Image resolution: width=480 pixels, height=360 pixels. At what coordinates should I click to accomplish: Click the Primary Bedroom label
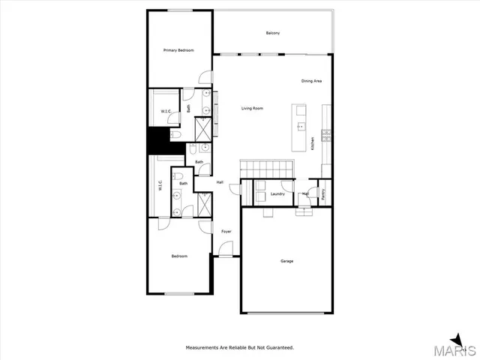(178, 50)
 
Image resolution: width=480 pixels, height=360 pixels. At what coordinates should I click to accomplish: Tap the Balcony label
(273, 33)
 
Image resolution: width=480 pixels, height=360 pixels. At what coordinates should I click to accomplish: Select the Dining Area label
(312, 81)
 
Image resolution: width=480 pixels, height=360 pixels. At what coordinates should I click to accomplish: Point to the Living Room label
(252, 109)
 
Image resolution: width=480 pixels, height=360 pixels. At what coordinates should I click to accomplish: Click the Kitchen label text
(313, 142)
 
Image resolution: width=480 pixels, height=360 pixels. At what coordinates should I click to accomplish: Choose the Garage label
(286, 261)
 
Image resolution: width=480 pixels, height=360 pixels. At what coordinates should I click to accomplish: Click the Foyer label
(226, 231)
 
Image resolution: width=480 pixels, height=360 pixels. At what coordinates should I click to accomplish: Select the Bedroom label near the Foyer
(179, 256)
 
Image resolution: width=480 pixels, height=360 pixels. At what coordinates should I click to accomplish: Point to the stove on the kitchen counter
(325, 135)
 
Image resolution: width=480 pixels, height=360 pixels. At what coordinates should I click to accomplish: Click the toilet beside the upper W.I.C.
(175, 134)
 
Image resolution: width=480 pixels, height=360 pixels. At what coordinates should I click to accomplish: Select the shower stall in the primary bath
(202, 129)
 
